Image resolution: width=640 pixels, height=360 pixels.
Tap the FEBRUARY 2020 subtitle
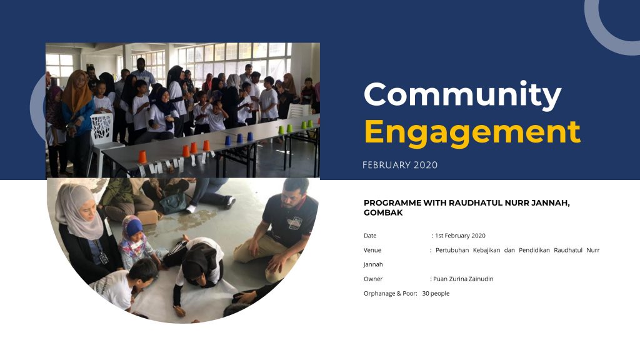400,165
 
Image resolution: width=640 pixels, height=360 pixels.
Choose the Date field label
370,236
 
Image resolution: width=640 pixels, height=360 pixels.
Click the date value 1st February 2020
460,236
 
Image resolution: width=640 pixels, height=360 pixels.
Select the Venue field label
372,250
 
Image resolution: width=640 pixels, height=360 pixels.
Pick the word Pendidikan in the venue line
534,250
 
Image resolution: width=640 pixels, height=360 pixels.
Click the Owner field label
373,279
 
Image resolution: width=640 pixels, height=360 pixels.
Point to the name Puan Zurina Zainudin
463,279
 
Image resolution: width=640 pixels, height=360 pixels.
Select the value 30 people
436,294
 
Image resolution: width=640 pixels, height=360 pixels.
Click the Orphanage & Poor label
390,294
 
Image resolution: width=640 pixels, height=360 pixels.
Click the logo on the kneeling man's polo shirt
295,222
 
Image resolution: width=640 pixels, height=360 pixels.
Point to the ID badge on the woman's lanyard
103,258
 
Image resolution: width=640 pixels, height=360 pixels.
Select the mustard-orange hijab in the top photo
77,91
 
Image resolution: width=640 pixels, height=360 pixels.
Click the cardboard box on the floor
147,217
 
